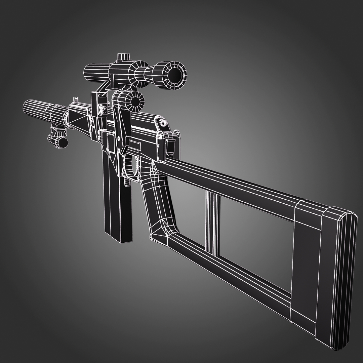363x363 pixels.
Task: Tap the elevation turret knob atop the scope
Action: point(124,58)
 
